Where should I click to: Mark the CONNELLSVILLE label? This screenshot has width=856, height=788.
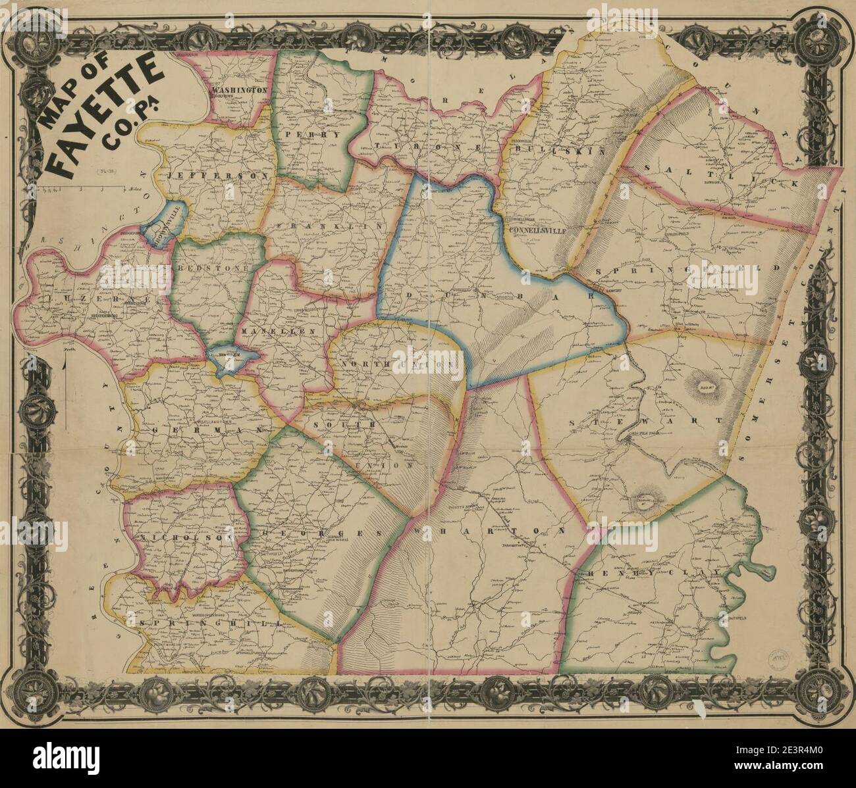point(542,231)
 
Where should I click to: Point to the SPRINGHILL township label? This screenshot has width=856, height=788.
point(204,622)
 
